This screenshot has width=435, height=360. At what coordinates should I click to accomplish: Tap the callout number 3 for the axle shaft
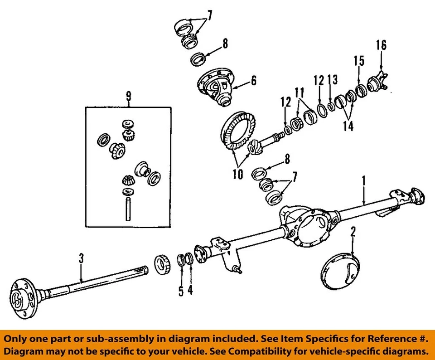click(81, 259)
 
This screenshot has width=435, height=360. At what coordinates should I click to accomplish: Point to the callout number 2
click(353, 233)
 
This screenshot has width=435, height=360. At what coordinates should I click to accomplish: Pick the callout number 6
click(253, 81)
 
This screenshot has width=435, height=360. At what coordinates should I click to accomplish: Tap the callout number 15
click(359, 61)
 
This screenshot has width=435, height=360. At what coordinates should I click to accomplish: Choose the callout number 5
click(181, 291)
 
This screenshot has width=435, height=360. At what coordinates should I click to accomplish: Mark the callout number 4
click(190, 290)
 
